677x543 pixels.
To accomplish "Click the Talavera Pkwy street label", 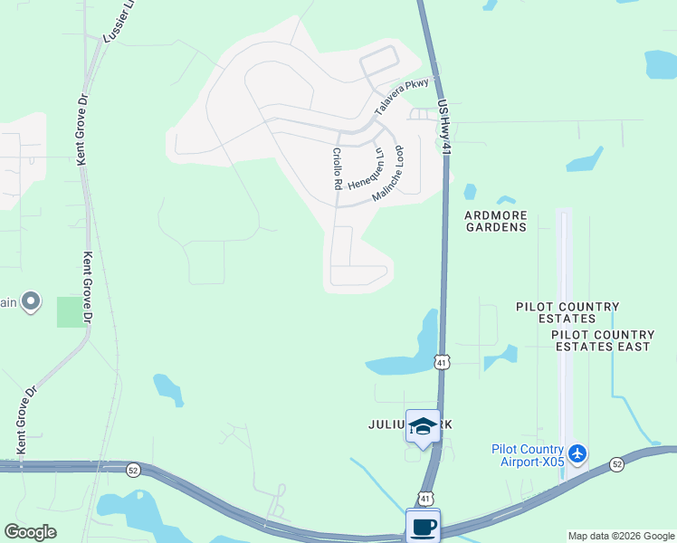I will tap(402, 100).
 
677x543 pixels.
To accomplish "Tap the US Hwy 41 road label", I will tap(443, 127).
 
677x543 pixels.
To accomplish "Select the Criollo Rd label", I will tap(336, 168).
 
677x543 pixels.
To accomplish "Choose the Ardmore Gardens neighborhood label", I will tap(495, 221).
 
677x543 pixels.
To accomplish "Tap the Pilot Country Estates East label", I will tap(602, 340).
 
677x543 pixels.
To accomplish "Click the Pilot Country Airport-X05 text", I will tap(528, 455).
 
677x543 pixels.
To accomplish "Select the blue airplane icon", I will tap(578, 452).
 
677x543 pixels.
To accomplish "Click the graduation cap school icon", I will tap(423, 425).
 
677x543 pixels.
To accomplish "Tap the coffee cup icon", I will tap(423, 525).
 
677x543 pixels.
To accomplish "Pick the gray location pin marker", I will tap(31, 300).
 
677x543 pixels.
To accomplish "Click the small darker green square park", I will tap(70, 311).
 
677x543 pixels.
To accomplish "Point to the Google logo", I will tap(30, 532).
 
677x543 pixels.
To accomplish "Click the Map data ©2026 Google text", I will tap(621, 536).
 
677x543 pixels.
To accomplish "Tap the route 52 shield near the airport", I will tap(617, 463).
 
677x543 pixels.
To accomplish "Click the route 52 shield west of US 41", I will tap(133, 470).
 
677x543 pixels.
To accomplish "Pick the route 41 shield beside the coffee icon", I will tap(424, 498).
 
